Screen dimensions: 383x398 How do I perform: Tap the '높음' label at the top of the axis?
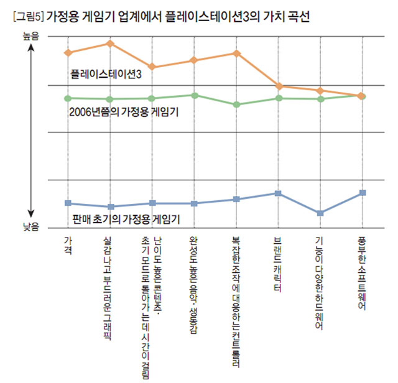click(30, 37)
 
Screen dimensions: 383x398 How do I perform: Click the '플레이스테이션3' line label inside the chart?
click(106, 73)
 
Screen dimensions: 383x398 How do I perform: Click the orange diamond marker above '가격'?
click(67, 53)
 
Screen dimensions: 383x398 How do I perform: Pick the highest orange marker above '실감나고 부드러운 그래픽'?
click(110, 43)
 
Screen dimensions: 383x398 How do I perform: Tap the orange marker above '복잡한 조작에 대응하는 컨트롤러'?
click(236, 53)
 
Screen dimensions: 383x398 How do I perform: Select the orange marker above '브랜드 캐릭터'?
click(279, 86)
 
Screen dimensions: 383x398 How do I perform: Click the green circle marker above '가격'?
click(67, 98)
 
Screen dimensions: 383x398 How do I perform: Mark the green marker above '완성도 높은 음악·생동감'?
click(194, 95)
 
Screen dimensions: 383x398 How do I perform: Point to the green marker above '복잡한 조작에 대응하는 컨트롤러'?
click(236, 104)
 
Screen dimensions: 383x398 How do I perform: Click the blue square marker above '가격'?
click(67, 203)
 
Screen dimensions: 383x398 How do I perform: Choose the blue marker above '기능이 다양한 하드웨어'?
click(320, 213)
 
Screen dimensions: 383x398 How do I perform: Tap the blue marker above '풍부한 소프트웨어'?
click(363, 193)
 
